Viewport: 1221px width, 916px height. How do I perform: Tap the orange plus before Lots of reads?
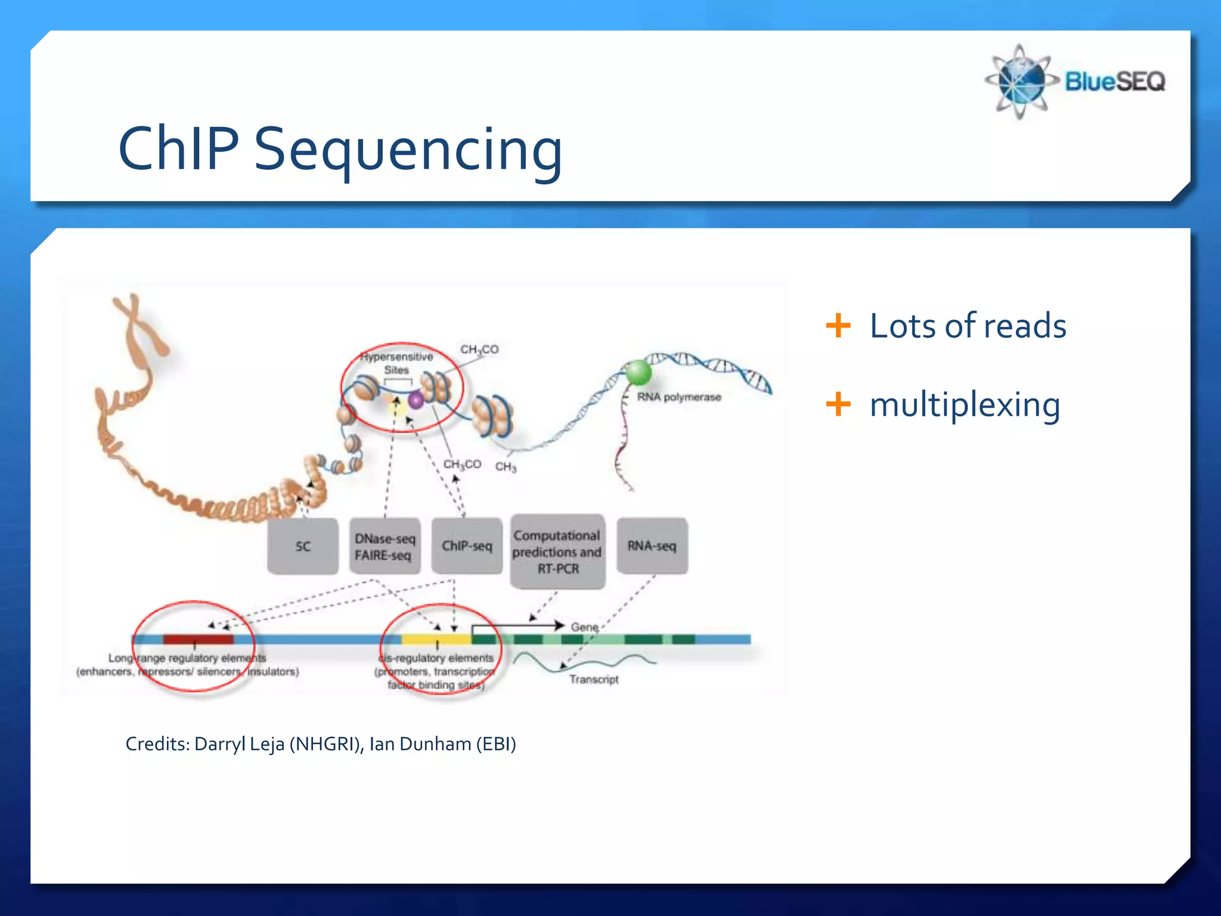click(838, 326)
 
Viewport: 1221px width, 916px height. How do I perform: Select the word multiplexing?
click(965, 405)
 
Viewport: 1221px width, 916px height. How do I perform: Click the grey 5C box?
click(303, 546)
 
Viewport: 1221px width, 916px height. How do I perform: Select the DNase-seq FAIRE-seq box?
click(385, 546)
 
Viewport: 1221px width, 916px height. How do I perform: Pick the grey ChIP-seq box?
click(467, 546)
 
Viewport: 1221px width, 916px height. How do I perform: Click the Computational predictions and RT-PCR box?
click(557, 552)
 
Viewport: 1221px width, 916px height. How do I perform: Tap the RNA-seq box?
click(652, 546)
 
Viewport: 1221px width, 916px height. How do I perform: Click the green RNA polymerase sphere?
click(638, 372)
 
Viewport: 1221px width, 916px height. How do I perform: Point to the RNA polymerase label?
click(678, 397)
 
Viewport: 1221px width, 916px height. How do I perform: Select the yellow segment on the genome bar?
click(436, 639)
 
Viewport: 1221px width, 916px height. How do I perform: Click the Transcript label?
click(593, 679)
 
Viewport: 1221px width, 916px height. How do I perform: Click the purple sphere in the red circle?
click(416, 400)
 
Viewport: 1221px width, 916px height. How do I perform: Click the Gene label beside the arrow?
click(584, 627)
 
